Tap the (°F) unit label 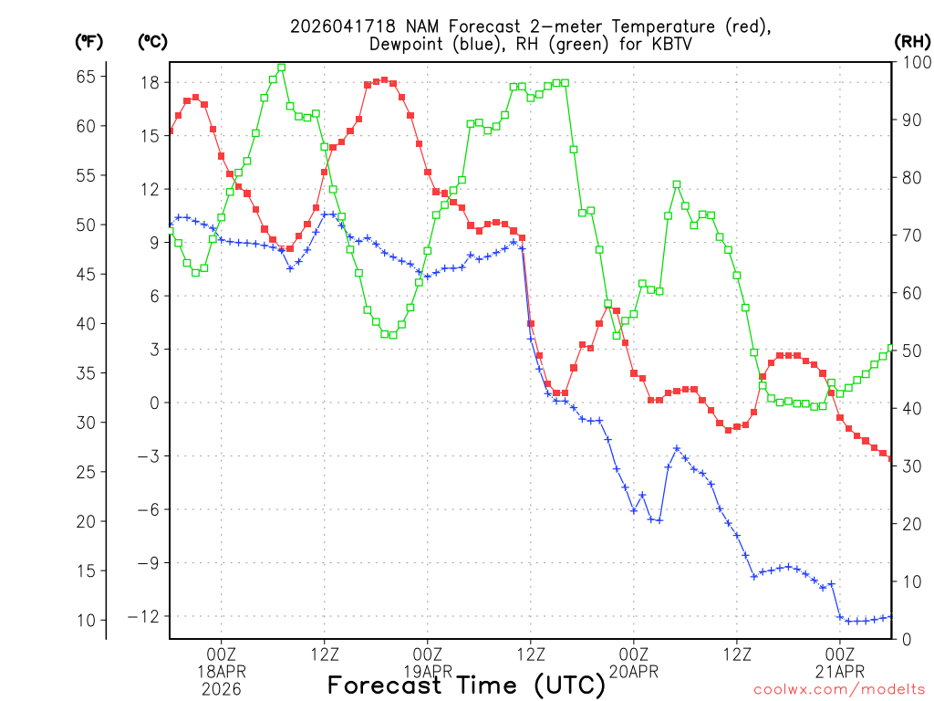[88, 42]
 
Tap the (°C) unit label [152, 42]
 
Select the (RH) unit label [912, 42]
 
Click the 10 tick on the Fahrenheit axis [86, 621]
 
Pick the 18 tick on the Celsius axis [150, 82]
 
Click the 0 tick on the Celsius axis [154, 403]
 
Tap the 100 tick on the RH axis [912, 62]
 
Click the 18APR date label [222, 672]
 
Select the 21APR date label [840, 672]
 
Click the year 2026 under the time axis [222, 689]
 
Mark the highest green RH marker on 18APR [282, 68]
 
